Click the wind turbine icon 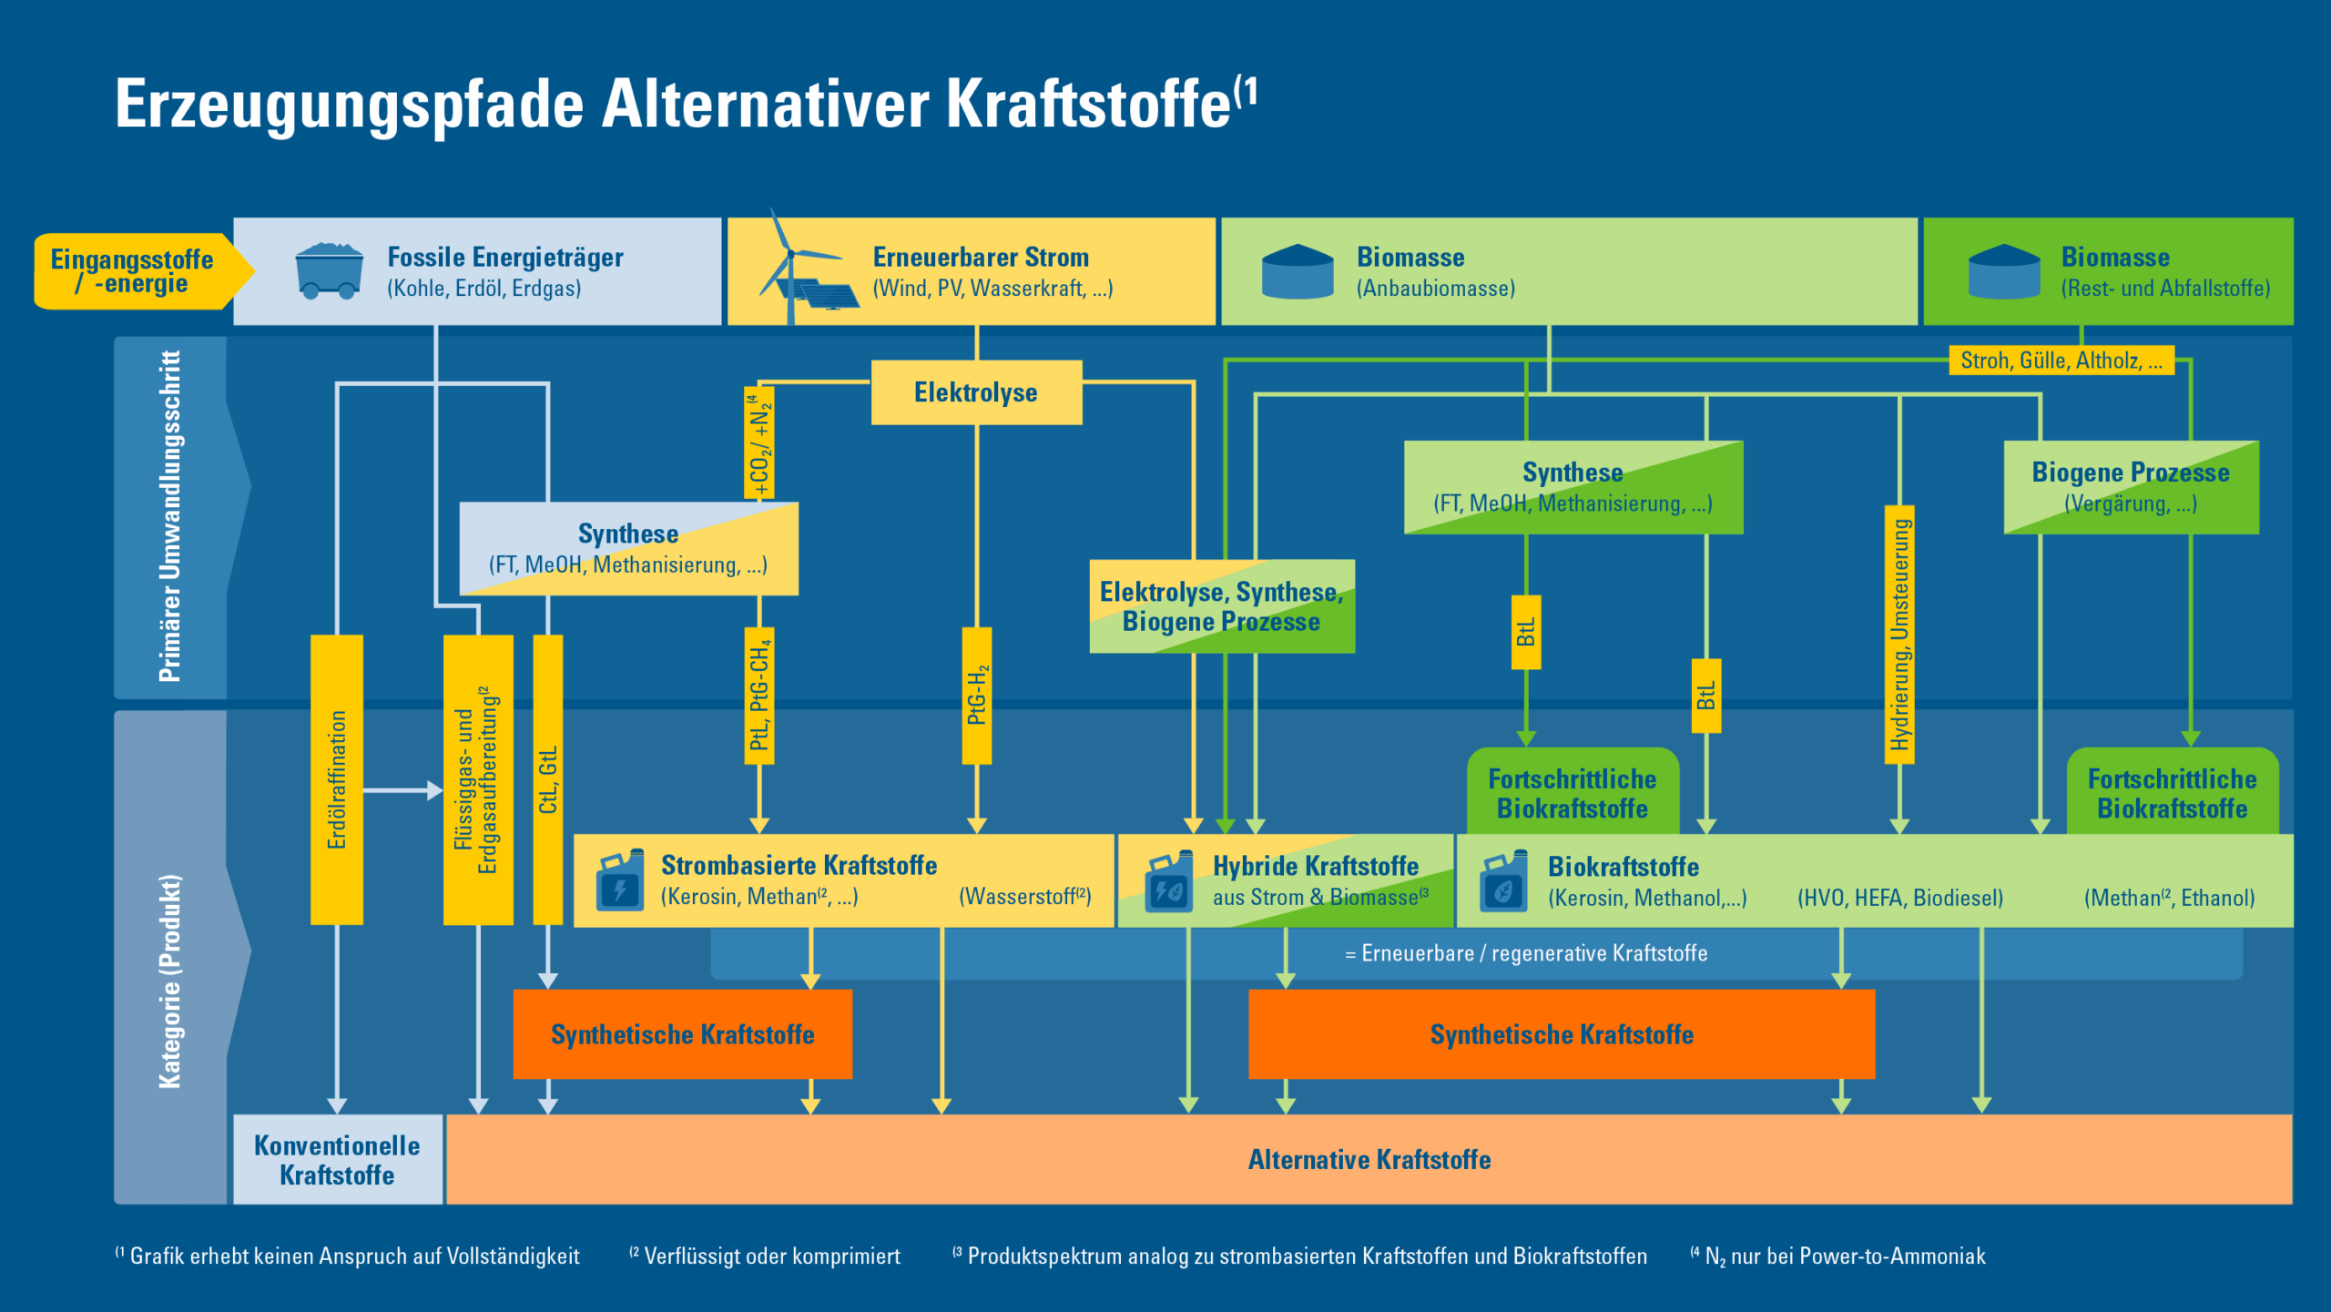(789, 264)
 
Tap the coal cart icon (329, 271)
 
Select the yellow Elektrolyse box (976, 392)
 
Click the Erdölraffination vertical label (337, 779)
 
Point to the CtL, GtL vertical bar (547, 779)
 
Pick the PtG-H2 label (977, 696)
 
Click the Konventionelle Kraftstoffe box (337, 1159)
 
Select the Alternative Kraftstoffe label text (1369, 1159)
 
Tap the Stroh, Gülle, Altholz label (2061, 361)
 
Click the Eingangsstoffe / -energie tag (133, 271)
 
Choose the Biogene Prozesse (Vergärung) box (2131, 487)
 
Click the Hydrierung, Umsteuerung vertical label (1899, 635)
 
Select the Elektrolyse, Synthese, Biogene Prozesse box (1222, 606)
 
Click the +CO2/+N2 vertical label (759, 443)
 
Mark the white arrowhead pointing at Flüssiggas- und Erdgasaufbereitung (434, 790)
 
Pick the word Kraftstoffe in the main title (1089, 104)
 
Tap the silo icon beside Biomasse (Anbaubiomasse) (1298, 271)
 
